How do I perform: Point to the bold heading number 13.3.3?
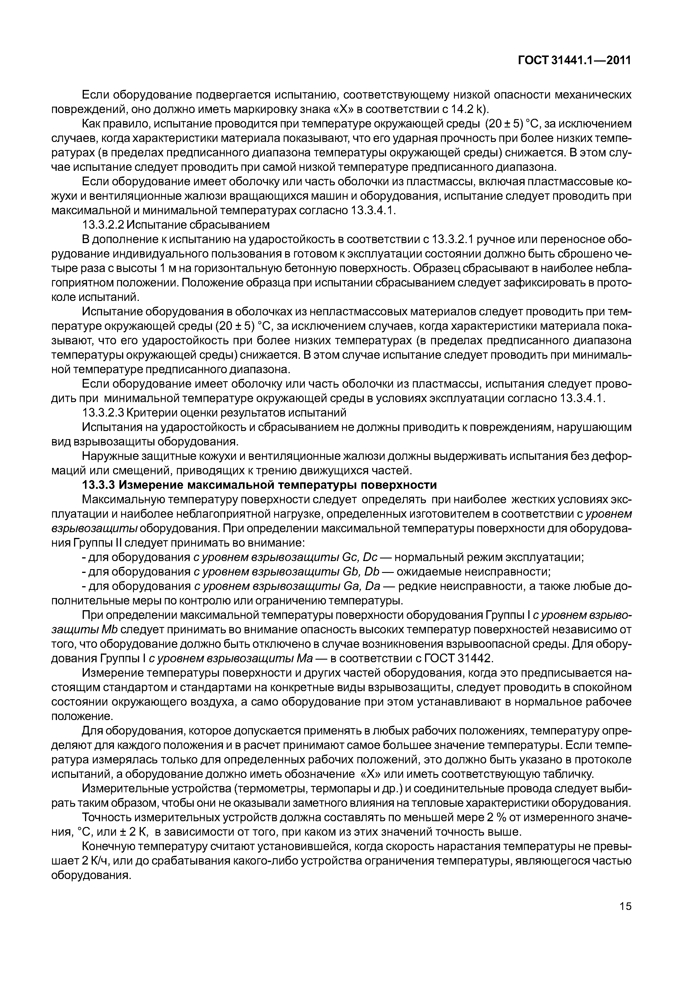98,485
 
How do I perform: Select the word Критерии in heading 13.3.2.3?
153,413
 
